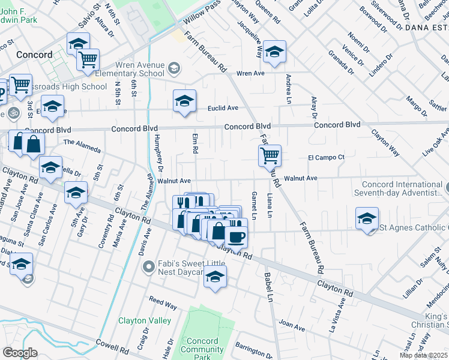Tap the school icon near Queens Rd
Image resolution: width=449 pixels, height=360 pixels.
(274, 52)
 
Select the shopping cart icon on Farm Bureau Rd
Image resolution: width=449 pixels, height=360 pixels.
(270, 156)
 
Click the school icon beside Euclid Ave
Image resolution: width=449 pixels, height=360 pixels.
(184, 100)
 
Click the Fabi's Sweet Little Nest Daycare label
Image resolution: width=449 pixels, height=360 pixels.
(190, 268)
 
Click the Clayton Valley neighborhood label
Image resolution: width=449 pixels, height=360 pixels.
(145, 320)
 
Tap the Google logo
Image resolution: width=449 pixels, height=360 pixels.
(20, 353)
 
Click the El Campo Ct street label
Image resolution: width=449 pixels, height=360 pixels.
(326, 157)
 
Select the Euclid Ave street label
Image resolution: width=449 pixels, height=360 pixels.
(223, 108)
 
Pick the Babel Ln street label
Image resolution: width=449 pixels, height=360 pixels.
(270, 287)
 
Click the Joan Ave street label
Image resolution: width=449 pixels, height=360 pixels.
(292, 325)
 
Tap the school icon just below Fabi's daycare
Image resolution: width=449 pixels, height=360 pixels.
(215, 278)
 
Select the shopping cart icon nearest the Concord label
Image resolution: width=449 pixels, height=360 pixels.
(88, 60)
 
